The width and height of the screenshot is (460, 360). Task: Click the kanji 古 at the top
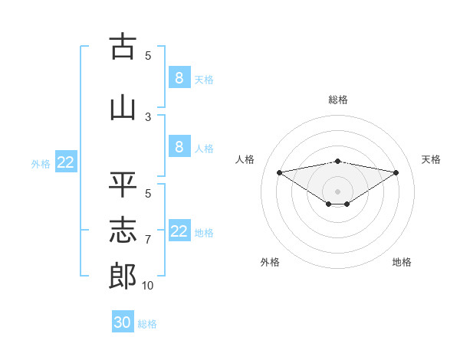pyautogui.click(x=123, y=47)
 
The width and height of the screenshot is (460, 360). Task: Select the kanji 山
pyautogui.click(x=123, y=107)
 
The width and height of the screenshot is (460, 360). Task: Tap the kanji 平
pyautogui.click(x=123, y=185)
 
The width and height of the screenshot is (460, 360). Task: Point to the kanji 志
pyautogui.click(x=123, y=231)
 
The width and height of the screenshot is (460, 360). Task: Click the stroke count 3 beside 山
pyautogui.click(x=148, y=117)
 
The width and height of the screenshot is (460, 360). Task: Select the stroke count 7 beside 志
pyautogui.click(x=148, y=240)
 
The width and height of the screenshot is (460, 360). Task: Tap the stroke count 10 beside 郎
pyautogui.click(x=148, y=286)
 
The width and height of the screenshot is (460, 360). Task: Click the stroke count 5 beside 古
pyautogui.click(x=148, y=56)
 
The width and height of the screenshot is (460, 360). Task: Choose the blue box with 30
pyautogui.click(x=123, y=322)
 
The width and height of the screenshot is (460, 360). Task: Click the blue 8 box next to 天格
pyautogui.click(x=179, y=77)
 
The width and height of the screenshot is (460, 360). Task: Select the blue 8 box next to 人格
pyautogui.click(x=179, y=146)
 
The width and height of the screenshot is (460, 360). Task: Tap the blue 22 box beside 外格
pyautogui.click(x=66, y=162)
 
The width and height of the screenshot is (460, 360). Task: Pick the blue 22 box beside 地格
pyautogui.click(x=179, y=231)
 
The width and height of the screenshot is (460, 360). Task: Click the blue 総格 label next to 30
pyautogui.click(x=147, y=324)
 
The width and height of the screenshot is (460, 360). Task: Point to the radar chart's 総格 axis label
pyautogui.click(x=337, y=100)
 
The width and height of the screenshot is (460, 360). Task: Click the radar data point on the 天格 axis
pyautogui.click(x=396, y=172)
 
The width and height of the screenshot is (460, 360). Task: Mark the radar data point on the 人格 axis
pyautogui.click(x=279, y=172)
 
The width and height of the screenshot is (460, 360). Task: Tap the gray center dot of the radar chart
pyautogui.click(x=337, y=191)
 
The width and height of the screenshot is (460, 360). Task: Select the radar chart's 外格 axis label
pyautogui.click(x=270, y=263)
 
